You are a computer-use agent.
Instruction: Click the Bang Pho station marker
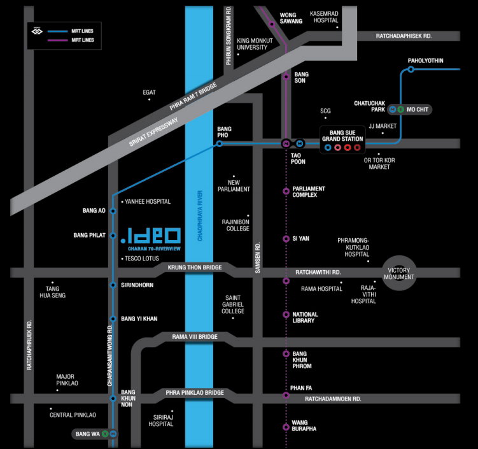click(219, 144)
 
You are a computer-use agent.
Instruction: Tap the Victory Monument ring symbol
click(399, 274)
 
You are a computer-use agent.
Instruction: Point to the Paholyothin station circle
click(411, 69)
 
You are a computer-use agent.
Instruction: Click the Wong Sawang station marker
click(272, 24)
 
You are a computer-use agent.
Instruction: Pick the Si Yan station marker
click(286, 239)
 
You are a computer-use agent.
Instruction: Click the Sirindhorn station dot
click(113, 285)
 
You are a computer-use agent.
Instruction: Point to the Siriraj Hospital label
click(161, 420)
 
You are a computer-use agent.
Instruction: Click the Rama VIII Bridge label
click(195, 336)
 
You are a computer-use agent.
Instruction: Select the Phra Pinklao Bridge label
click(194, 393)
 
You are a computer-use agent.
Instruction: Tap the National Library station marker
click(286, 315)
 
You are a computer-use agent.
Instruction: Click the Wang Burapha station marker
click(286, 426)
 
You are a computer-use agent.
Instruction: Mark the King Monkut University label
click(255, 44)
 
